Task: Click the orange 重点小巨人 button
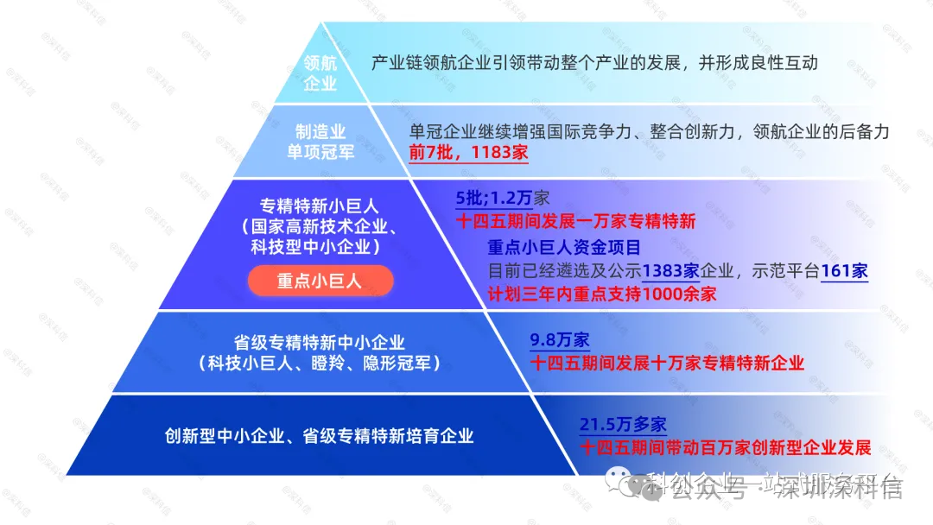[320, 281]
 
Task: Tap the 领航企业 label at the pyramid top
[321, 73]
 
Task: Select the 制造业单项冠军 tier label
[321, 142]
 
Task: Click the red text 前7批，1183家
[467, 152]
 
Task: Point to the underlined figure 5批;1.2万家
[502, 198]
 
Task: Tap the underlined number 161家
[844, 270]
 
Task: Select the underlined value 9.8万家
[560, 340]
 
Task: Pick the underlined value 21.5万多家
[623, 425]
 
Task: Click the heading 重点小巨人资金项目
[564, 247]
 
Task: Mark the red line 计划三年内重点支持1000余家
[602, 294]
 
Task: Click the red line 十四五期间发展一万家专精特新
[575, 221]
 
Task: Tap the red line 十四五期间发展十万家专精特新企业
[667, 363]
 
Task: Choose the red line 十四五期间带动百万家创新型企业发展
[726, 447]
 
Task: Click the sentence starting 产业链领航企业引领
[593, 63]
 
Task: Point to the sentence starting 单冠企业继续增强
[649, 131]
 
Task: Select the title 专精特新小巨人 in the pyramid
[320, 206]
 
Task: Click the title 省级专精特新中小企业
[320, 343]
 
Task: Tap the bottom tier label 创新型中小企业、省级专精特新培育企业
[320, 435]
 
